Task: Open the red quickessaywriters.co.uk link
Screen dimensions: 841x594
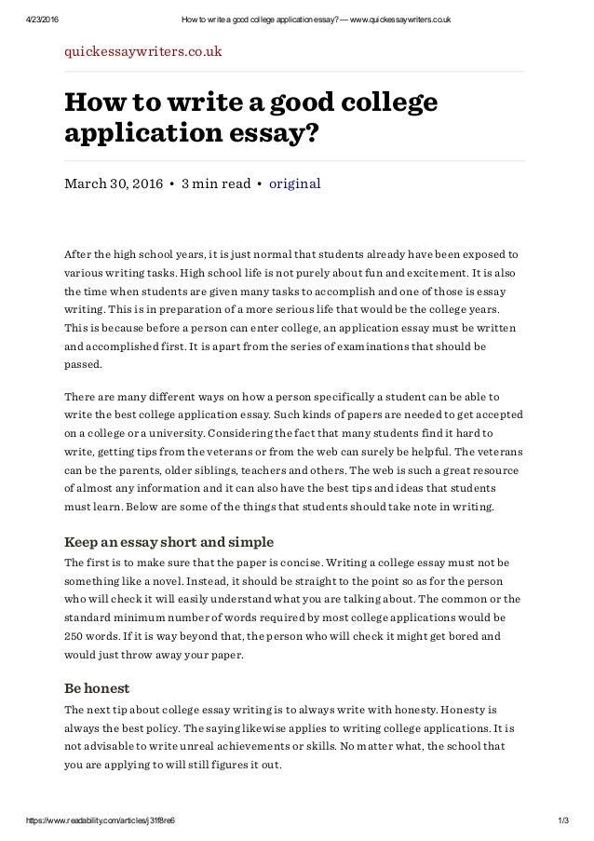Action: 142,51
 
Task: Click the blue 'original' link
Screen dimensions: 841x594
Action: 294,183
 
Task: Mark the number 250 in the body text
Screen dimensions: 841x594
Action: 74,637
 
